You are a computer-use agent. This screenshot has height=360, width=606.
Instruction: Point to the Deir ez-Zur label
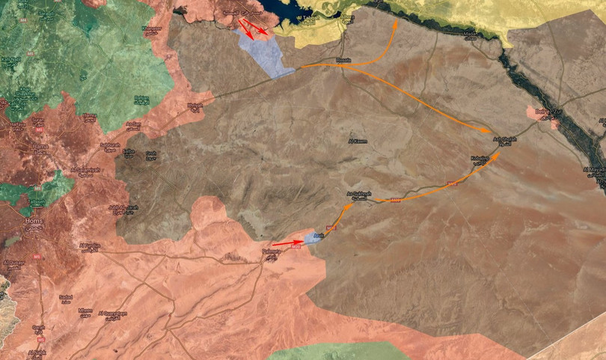coord(547,112)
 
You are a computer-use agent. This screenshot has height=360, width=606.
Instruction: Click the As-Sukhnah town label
coord(360,195)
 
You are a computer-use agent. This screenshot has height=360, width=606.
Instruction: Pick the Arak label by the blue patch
coord(317,235)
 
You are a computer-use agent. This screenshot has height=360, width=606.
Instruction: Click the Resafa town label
coord(343,61)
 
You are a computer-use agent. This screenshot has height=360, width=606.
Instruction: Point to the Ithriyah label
coord(195,106)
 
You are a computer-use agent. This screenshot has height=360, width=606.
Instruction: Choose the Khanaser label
coord(152,28)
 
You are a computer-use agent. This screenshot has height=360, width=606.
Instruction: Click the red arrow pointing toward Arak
coord(288,242)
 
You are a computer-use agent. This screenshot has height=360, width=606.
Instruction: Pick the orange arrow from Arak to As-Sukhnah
coord(338,219)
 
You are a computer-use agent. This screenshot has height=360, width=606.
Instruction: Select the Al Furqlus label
coord(88,245)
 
